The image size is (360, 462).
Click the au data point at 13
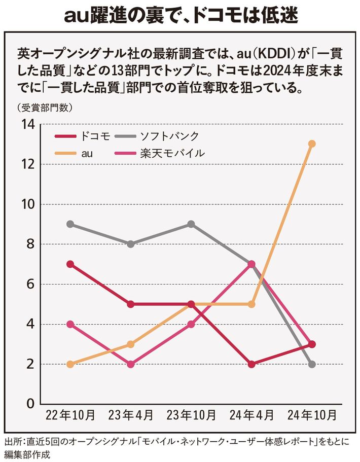312,144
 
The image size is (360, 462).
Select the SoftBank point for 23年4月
131,244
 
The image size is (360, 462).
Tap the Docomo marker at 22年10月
70,264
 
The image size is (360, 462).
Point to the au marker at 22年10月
70,364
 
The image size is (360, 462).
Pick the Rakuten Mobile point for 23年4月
131,364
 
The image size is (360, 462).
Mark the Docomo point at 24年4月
251,364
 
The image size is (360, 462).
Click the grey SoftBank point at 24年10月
312,364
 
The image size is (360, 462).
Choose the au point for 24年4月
251,304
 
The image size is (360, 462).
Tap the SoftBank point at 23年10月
191,224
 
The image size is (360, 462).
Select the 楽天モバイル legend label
172,153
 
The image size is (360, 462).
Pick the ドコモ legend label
95,136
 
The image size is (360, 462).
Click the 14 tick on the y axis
27,124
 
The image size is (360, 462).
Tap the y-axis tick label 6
30,285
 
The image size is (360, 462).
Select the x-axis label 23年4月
131,415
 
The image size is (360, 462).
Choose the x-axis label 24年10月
312,415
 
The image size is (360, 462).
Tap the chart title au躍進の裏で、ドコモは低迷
181,16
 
